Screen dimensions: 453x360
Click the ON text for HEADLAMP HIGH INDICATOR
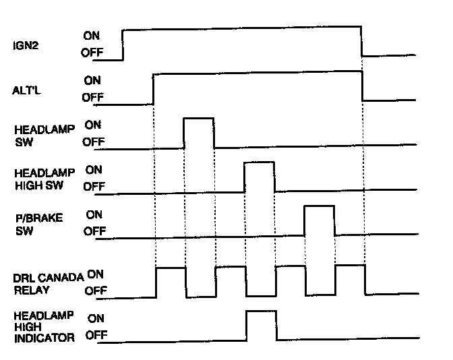point(96,318)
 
